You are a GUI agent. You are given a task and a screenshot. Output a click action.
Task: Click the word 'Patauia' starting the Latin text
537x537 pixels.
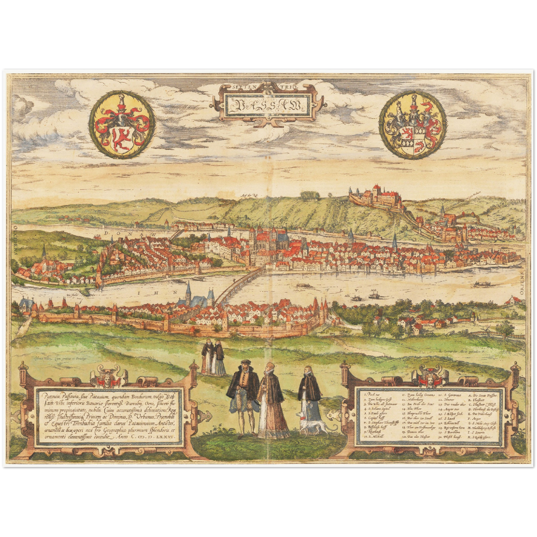click(x=50, y=395)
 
